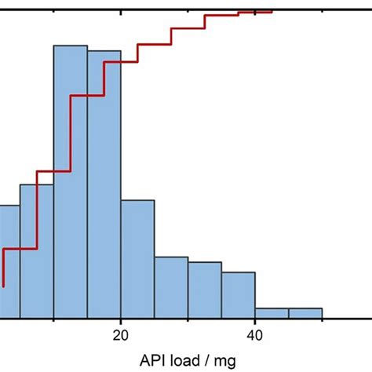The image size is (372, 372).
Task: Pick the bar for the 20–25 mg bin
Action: (137, 259)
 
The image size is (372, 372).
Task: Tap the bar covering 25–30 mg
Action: (171, 287)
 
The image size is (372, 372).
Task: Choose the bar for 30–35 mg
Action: (205, 290)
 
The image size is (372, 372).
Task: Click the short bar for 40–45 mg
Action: (272, 313)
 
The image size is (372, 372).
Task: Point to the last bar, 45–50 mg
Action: (305, 313)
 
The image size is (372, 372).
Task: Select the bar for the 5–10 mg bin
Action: (36, 251)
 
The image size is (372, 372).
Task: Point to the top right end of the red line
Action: (271, 11)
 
